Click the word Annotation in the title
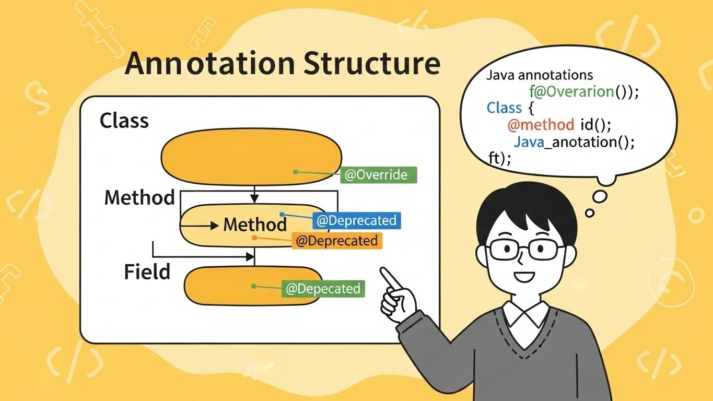tap(209, 63)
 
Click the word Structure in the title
tap(372, 63)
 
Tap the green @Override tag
tap(379, 175)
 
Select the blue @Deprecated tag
tap(356, 220)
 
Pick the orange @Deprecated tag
tap(337, 241)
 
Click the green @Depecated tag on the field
tap(323, 289)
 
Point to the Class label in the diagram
tap(124, 121)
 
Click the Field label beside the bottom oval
tap(147, 272)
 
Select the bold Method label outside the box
tap(139, 197)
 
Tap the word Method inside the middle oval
tap(255, 225)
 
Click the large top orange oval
tap(251, 157)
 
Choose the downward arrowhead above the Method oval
tap(254, 198)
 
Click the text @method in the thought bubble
tap(541, 124)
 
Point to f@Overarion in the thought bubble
tap(572, 91)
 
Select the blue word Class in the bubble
tap(504, 108)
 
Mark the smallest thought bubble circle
tap(590, 213)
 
